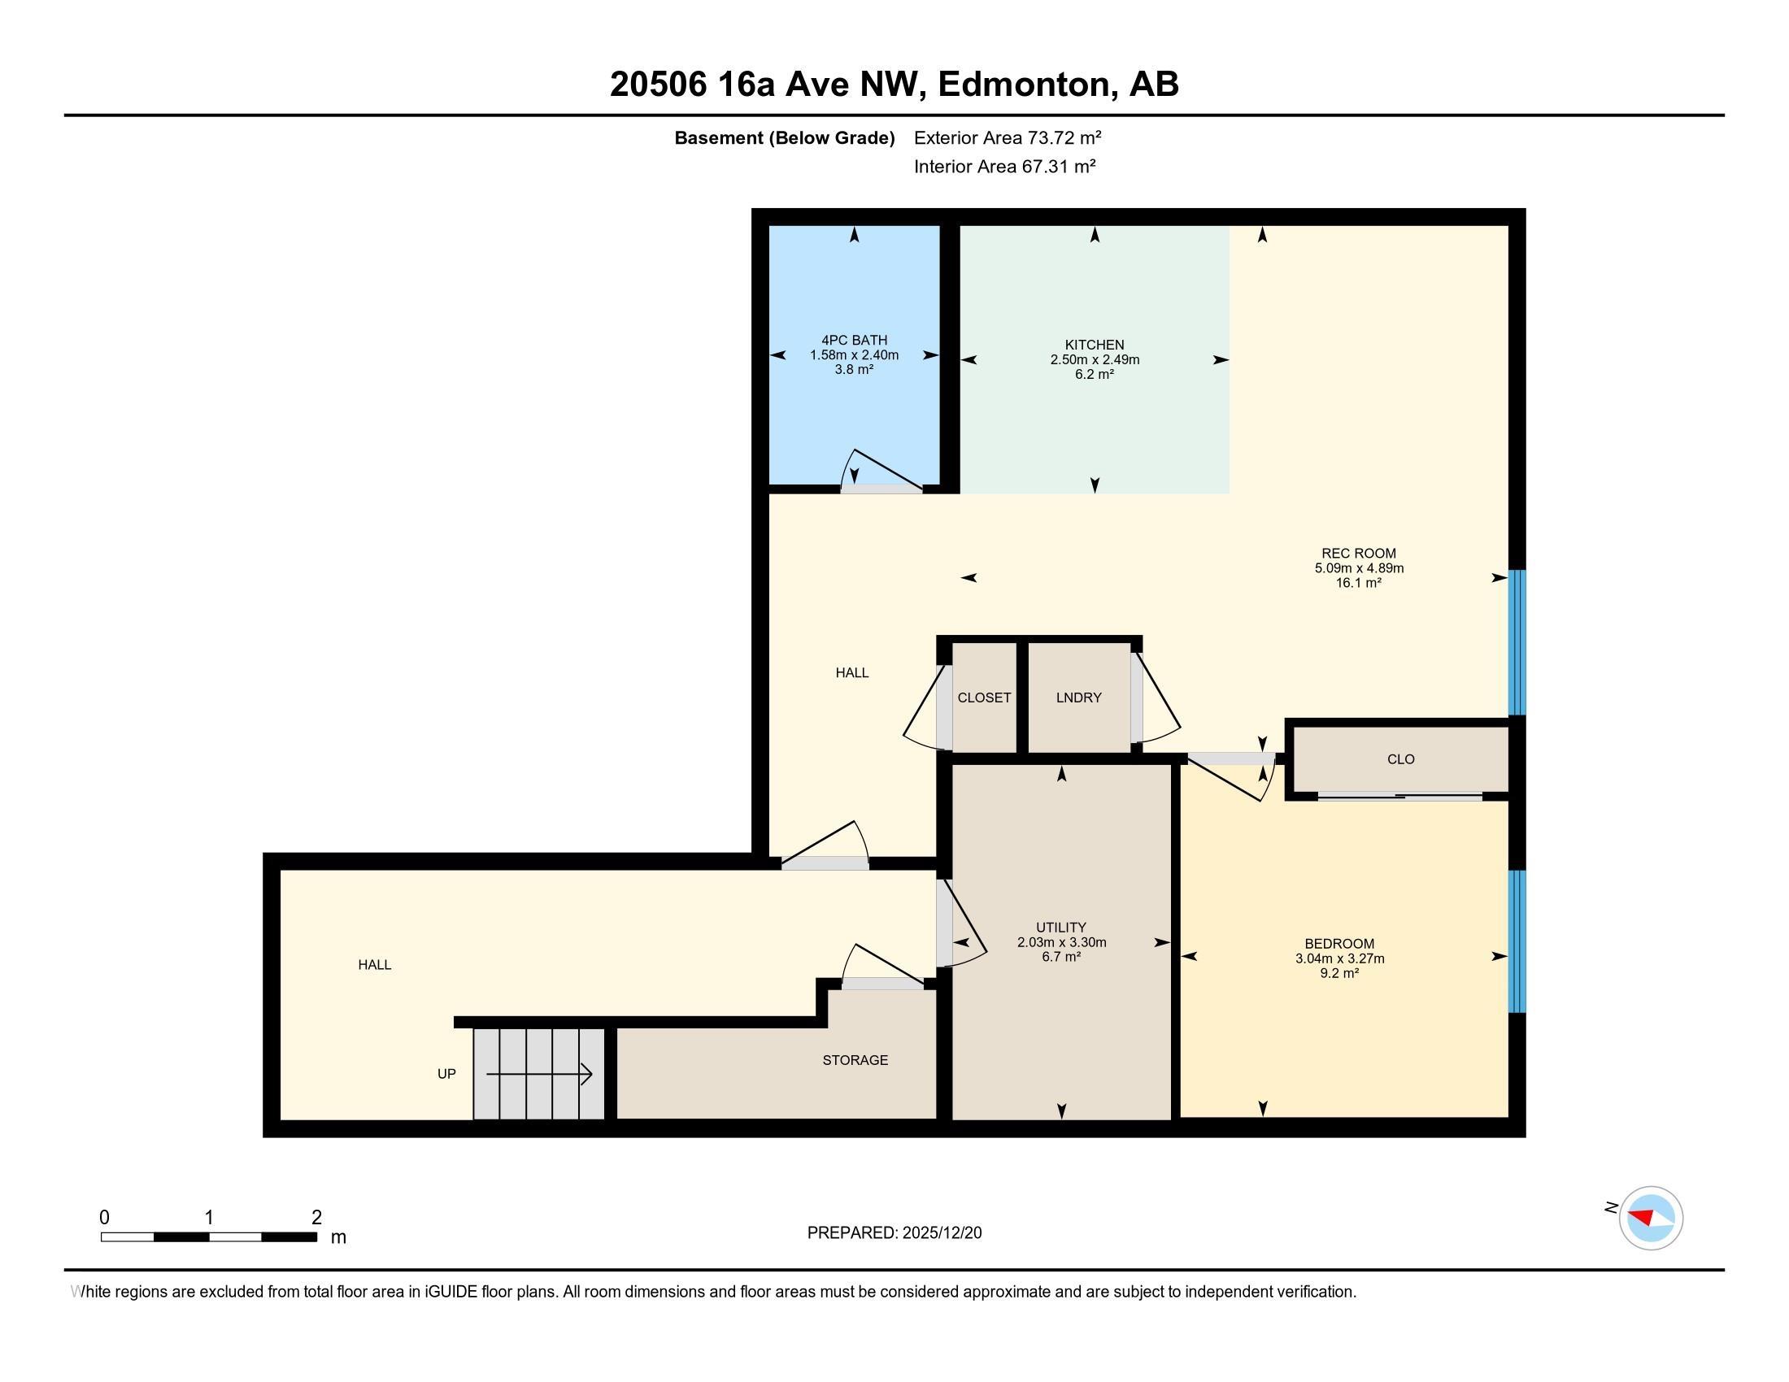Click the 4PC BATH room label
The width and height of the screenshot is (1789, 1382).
point(854,340)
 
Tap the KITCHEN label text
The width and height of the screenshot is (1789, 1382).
point(1095,345)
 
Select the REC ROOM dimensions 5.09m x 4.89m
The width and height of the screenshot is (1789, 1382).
point(1359,568)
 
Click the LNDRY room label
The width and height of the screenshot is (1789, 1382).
point(1078,698)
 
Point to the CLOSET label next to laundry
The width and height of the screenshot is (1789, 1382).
point(984,698)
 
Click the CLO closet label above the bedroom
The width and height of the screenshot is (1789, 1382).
point(1401,759)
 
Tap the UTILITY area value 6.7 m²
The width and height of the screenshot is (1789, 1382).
point(1061,957)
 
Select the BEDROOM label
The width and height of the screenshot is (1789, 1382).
point(1339,943)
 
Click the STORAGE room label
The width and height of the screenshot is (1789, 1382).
point(855,1060)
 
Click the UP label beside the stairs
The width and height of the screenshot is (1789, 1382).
point(446,1074)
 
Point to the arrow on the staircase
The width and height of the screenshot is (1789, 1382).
point(539,1074)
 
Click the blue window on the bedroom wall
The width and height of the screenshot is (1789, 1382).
point(1517,941)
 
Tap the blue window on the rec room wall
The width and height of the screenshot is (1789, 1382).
point(1517,642)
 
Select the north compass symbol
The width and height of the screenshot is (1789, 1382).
point(1650,1218)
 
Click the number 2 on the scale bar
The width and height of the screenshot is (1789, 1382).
point(316,1218)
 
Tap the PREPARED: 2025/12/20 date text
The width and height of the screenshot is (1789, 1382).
point(894,1233)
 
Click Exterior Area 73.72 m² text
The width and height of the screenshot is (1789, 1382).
point(1008,137)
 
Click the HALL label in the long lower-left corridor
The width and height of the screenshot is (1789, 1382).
point(374,964)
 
